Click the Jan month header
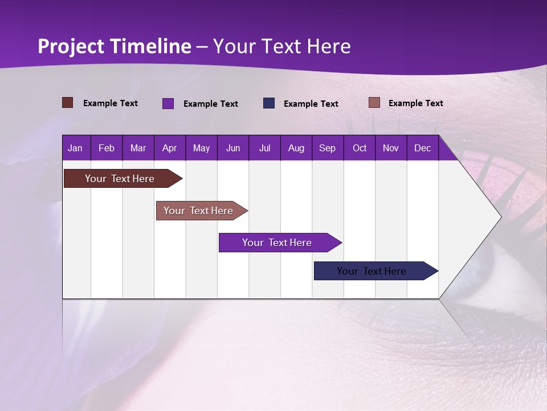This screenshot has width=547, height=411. tap(75, 148)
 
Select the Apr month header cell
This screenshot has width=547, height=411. tap(169, 148)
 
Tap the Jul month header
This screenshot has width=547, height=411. tap(264, 148)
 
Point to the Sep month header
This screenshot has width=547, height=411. tap(327, 148)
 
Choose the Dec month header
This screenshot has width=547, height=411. tap(422, 148)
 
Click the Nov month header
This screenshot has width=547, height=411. tap(390, 148)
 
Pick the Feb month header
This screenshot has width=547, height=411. tap(107, 148)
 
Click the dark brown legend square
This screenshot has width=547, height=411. tap(68, 103)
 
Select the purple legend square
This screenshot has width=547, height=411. tap(168, 103)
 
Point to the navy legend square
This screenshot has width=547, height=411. tap(269, 103)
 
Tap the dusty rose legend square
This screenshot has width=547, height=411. tap(374, 103)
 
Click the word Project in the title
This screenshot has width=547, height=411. tap(71, 46)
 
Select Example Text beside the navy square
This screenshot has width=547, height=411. tap(311, 104)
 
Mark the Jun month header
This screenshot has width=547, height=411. tap(232, 148)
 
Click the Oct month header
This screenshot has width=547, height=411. tap(360, 148)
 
